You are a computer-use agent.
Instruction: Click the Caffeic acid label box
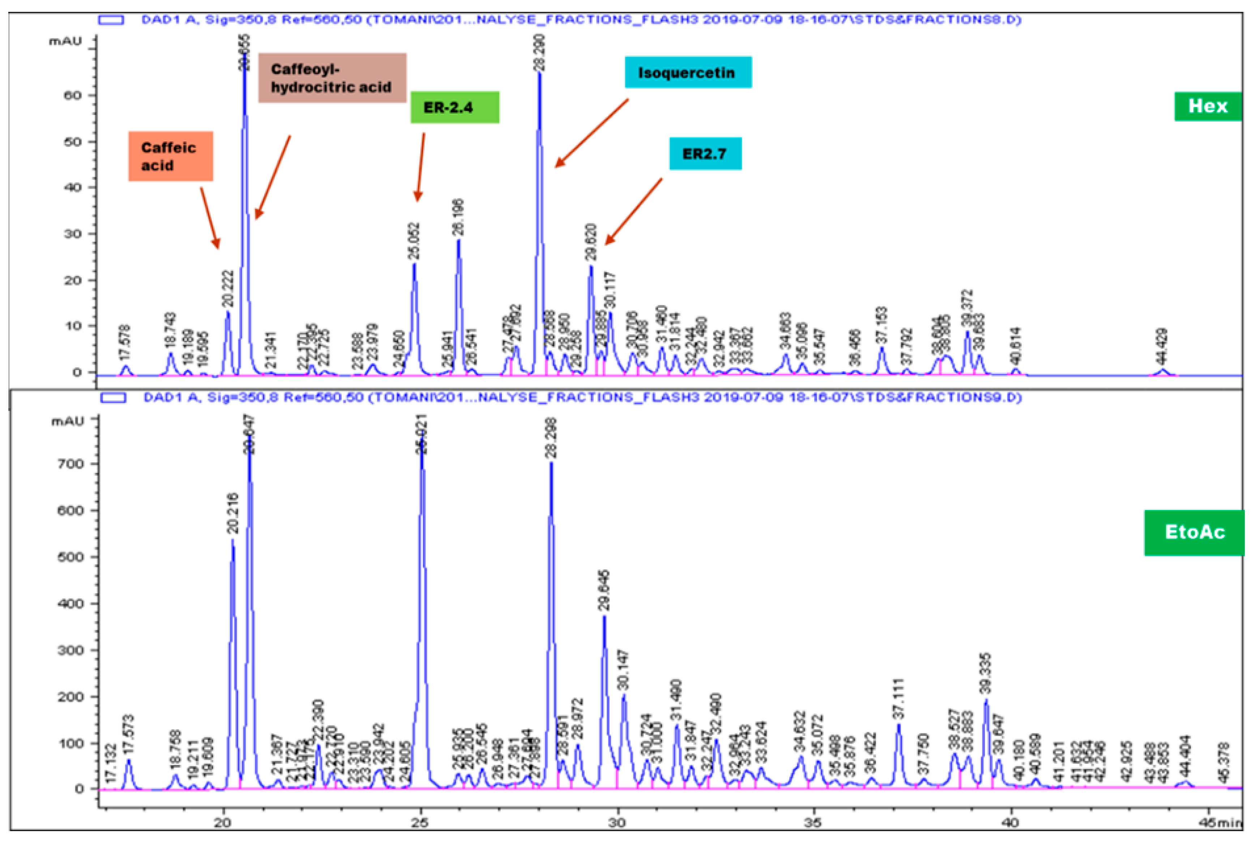coord(170,156)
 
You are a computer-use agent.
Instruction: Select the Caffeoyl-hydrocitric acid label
coord(332,78)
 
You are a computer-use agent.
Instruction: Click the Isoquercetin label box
coord(687,73)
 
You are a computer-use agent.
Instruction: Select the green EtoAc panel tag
coord(1195,532)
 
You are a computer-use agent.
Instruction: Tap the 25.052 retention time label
coord(414,241)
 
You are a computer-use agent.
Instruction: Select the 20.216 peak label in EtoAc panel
coord(232,513)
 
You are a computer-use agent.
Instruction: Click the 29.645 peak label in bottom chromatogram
coord(604,590)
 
